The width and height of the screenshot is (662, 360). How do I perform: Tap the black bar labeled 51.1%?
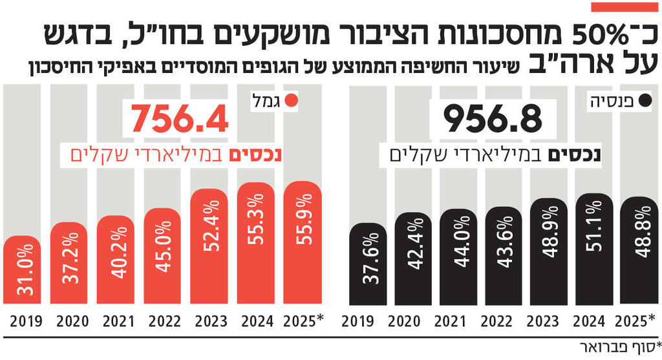(x=594, y=249)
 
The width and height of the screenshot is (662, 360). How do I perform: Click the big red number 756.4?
(x=180, y=119)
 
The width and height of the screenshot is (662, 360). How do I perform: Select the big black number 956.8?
(x=493, y=119)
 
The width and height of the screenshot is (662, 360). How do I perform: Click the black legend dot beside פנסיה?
(x=644, y=101)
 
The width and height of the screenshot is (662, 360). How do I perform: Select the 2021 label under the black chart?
(x=458, y=321)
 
